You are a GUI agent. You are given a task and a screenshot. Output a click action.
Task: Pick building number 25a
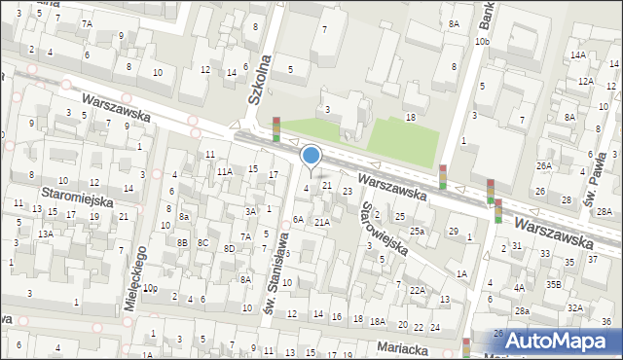pyautogui.click(x=417, y=231)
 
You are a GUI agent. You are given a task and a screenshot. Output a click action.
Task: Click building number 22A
pyautogui.click(x=417, y=290)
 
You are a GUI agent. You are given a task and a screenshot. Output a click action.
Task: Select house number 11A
pyautogui.click(x=224, y=171)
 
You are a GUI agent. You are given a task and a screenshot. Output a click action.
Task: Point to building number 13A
pyautogui.click(x=46, y=234)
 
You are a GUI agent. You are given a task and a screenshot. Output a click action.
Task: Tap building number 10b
pyautogui.click(x=482, y=42)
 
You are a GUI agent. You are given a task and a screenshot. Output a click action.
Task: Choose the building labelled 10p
pyautogui.click(x=149, y=288)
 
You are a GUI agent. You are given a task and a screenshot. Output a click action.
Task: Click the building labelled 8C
pyautogui.click(x=202, y=242)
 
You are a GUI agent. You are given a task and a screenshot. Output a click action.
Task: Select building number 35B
pyautogui.click(x=553, y=284)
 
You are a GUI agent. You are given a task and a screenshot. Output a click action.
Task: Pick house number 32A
pyautogui.click(x=575, y=307)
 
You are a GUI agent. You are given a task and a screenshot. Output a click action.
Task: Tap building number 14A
pyautogui.click(x=579, y=55)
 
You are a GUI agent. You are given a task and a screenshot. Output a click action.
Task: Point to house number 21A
pyautogui.click(x=321, y=222)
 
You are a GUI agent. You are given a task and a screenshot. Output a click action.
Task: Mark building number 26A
pyautogui.click(x=543, y=166)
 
